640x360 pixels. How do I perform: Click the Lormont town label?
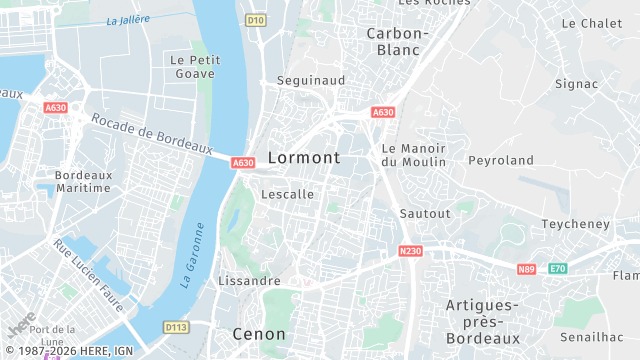click(304, 158)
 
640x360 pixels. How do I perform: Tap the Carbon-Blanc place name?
click(397, 41)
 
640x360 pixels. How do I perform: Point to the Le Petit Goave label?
click(195, 67)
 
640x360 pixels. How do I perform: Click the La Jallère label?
click(128, 21)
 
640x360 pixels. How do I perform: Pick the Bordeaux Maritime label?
click(83, 181)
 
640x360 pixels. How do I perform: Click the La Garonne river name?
click(194, 256)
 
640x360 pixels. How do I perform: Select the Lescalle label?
click(287, 194)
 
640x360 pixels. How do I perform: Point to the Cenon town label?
click(259, 333)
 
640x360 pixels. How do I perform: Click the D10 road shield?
click(255, 20)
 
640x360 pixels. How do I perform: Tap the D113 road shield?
click(176, 327)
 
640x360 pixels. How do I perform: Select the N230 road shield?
click(409, 251)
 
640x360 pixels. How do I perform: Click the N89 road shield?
click(526, 269)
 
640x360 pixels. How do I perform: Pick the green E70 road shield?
click(557, 269)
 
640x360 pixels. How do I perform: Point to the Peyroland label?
click(501, 160)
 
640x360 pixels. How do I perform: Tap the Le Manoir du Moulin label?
click(413, 154)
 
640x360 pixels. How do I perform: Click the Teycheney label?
click(575, 224)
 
